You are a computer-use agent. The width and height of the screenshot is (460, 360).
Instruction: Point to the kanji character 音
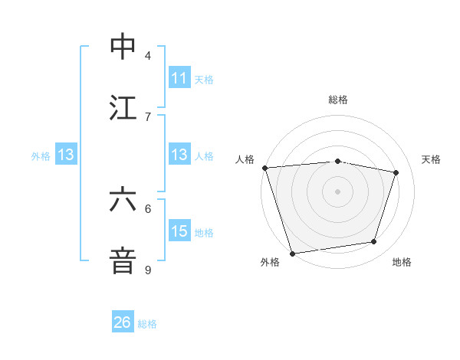click(123, 260)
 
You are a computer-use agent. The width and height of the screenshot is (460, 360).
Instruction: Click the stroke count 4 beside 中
click(148, 55)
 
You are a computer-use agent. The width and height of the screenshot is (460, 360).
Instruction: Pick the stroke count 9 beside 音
click(148, 270)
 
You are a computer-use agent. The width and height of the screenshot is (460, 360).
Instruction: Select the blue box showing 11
click(179, 78)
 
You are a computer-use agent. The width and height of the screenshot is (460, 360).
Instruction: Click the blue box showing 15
click(179, 231)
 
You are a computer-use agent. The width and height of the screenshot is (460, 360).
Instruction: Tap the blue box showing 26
click(123, 322)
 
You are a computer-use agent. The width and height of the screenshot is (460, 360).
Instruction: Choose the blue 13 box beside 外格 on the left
click(66, 155)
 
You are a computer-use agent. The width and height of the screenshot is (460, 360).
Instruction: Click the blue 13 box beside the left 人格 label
click(179, 155)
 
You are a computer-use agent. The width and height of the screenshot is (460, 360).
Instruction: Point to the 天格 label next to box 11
click(204, 79)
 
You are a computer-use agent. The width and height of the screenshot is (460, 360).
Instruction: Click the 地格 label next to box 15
click(204, 232)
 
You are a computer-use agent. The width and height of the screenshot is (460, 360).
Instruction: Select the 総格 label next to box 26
click(147, 323)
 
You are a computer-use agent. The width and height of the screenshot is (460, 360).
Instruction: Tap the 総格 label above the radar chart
click(338, 100)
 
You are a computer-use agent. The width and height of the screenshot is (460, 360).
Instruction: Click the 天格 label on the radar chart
click(432, 159)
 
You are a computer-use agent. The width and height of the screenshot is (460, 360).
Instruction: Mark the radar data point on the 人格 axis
click(264, 168)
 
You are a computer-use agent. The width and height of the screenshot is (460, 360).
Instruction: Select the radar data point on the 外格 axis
click(292, 253)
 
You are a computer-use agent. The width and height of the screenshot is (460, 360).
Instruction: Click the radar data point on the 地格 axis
click(374, 242)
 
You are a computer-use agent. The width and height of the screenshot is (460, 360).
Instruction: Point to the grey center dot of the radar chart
click(337, 191)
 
